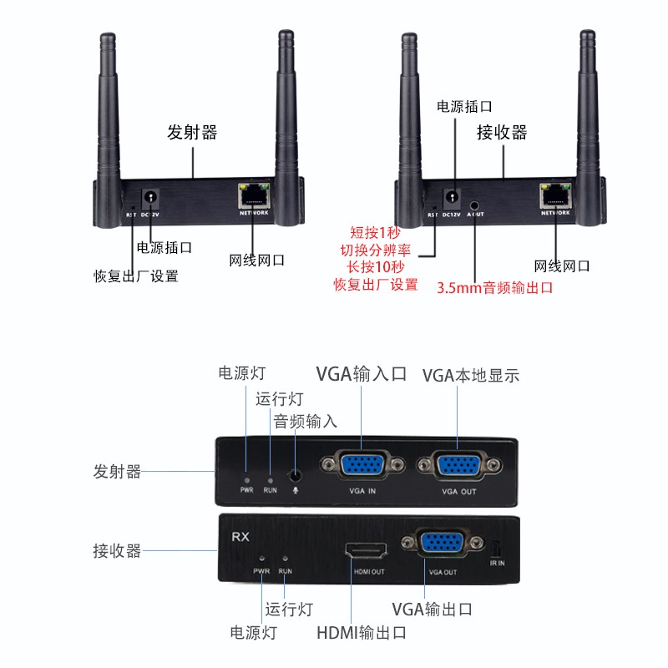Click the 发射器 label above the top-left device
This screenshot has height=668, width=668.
(x=192, y=132)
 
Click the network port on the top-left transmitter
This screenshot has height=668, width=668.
(x=255, y=195)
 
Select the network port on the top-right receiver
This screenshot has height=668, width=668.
(x=556, y=195)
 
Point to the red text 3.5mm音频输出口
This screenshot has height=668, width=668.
(x=495, y=288)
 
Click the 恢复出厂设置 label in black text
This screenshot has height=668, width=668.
(x=136, y=276)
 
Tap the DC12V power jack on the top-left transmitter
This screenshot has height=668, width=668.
(x=151, y=198)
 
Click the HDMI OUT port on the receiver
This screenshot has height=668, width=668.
(x=367, y=551)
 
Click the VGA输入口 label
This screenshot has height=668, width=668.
(x=361, y=373)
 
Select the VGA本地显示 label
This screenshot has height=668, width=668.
(x=471, y=375)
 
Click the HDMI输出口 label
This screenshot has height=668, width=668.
(x=361, y=633)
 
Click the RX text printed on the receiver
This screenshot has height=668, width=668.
(x=240, y=535)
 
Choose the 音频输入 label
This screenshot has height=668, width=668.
(x=306, y=421)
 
